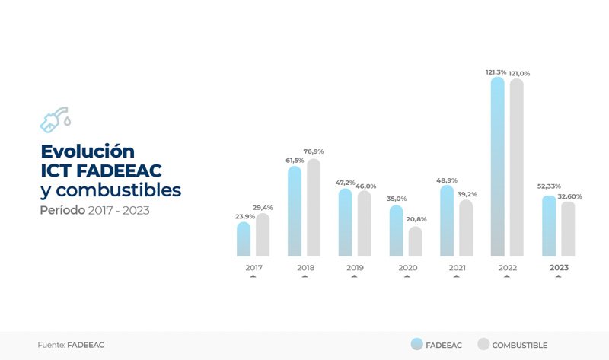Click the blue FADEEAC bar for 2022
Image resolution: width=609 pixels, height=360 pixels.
497,167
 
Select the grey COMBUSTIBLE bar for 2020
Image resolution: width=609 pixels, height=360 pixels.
415,241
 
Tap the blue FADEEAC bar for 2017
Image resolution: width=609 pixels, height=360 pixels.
244,239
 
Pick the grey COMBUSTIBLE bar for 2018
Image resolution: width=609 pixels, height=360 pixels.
314,208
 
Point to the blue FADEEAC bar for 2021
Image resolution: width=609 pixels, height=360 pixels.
447,221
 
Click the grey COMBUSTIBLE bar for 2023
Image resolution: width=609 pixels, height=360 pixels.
568,229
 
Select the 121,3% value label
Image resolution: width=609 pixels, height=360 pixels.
496,72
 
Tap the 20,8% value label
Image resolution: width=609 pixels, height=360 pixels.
416,219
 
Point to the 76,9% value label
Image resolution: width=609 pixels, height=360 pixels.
314,151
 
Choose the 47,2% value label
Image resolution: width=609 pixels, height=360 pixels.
346,183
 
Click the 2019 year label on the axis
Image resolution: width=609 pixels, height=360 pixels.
355,268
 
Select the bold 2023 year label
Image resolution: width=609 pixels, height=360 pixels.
559,268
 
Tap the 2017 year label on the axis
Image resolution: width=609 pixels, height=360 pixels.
253,268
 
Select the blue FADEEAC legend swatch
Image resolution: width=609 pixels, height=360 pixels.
416,345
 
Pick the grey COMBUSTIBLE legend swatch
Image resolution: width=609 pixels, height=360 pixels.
483,345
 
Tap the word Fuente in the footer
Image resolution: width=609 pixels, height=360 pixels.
51,345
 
